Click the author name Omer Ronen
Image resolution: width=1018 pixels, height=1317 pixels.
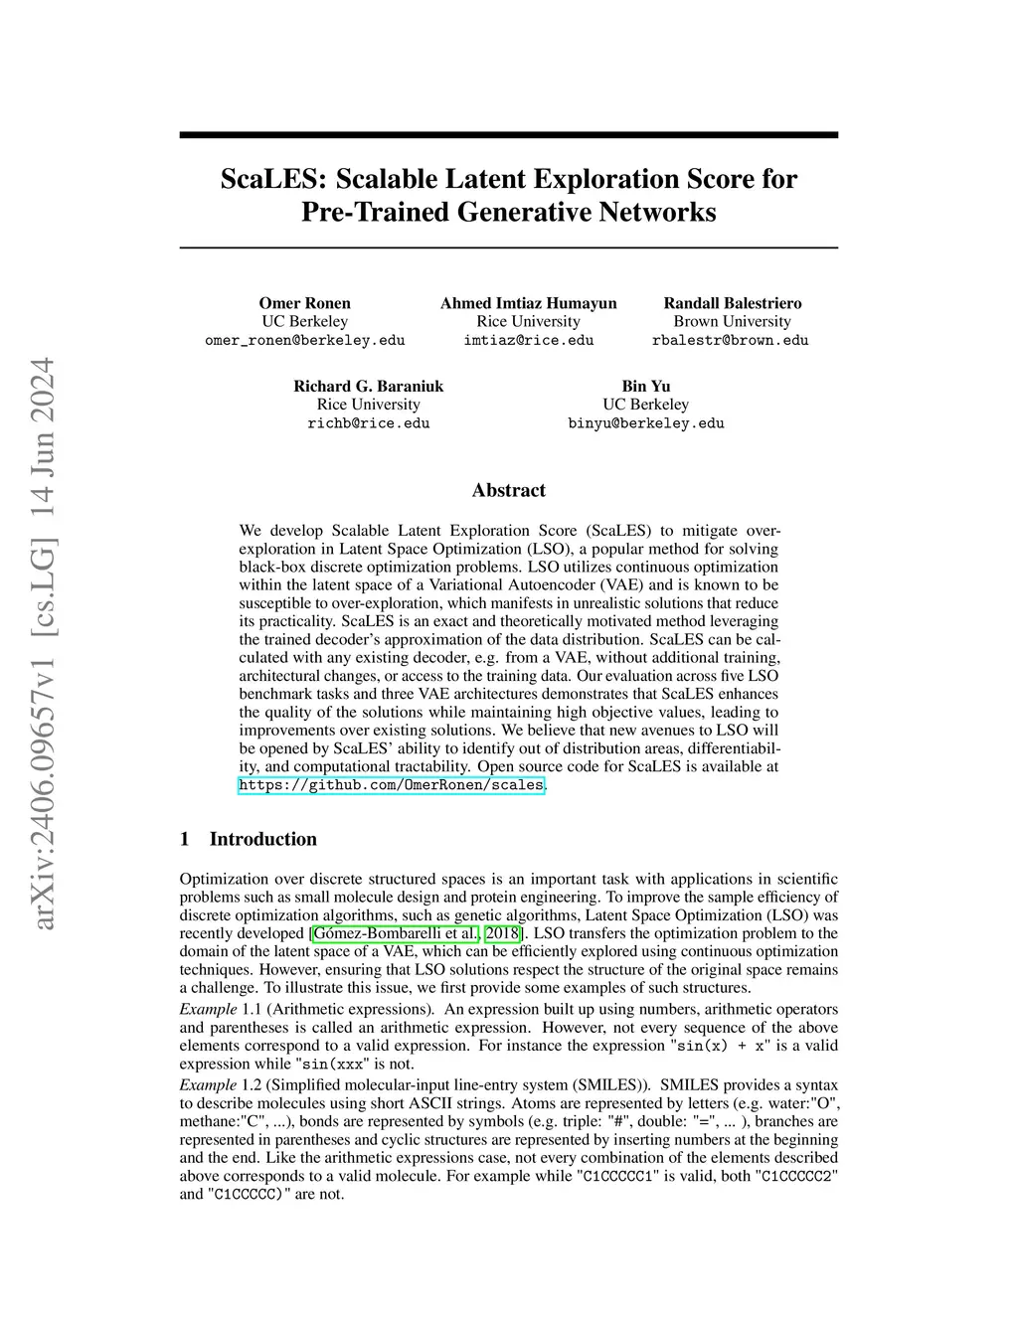tap(304, 303)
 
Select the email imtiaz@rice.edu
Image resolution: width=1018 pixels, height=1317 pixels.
tap(528, 340)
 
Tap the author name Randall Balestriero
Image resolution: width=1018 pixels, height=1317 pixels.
tap(733, 303)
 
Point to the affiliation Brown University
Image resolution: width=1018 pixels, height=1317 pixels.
tap(733, 321)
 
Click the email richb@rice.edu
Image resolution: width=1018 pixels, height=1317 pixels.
tap(369, 422)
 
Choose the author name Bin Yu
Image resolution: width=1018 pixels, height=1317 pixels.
tap(646, 386)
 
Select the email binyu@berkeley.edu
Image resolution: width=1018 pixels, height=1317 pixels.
tap(646, 422)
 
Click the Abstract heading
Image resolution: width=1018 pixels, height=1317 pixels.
tap(509, 490)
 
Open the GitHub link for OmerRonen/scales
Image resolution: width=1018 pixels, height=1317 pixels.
tap(392, 785)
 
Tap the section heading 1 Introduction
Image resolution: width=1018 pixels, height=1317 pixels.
tap(249, 839)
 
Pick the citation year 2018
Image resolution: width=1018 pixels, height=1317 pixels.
tap(502, 933)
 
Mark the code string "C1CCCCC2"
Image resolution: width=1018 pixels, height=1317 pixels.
tap(797, 1176)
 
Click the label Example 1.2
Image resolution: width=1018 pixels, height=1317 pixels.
tap(220, 1084)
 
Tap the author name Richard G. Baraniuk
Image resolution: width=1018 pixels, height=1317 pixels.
tap(369, 386)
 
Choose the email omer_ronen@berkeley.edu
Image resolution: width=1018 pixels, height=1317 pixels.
tap(304, 340)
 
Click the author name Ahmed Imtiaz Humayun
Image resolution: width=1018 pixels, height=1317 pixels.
tap(528, 303)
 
